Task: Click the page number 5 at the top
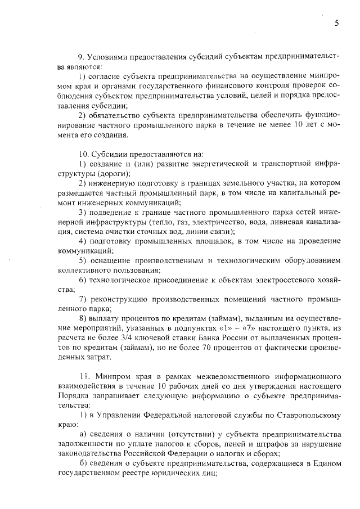[x=336, y=23]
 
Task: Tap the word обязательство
[x=115, y=115]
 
